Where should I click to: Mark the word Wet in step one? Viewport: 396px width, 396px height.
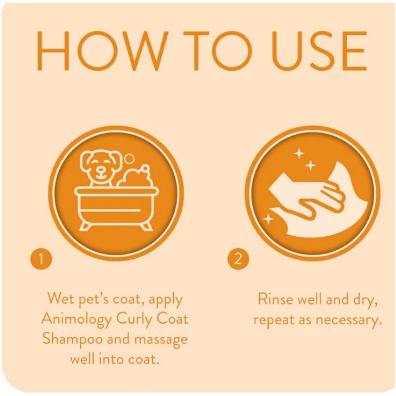tap(61, 300)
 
